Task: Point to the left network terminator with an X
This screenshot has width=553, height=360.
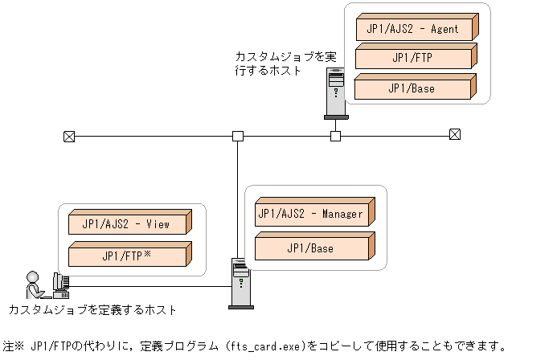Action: coord(69,136)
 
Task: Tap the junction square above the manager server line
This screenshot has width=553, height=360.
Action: coord(238,136)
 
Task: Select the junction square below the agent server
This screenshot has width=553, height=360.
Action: coord(336,136)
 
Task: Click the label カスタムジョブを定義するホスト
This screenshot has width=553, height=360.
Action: coord(92,310)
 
